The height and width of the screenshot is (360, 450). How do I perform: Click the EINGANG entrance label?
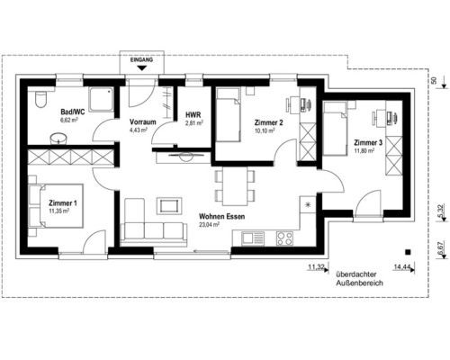tap(141, 60)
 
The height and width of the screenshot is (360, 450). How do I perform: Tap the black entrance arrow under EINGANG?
tap(142, 68)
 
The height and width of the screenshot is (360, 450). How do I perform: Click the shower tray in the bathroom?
tap(101, 98)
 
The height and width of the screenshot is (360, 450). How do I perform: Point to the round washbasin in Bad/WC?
tap(58, 139)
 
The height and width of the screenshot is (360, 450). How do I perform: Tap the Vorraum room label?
tap(143, 122)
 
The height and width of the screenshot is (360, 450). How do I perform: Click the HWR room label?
tap(193, 114)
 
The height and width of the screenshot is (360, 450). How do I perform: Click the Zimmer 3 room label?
tap(368, 143)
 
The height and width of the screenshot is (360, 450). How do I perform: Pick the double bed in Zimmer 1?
tap(56, 206)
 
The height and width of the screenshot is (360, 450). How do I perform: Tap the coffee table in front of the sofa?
tap(171, 206)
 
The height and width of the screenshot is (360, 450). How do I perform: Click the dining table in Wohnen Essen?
tap(235, 186)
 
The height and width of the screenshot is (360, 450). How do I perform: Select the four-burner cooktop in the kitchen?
tap(284, 238)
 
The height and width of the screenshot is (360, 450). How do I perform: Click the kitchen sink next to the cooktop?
tap(253, 238)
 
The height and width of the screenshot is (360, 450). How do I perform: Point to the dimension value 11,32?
tap(316, 266)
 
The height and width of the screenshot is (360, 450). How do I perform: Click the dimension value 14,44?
tap(402, 266)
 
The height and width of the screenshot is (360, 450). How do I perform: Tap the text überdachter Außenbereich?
tap(359, 279)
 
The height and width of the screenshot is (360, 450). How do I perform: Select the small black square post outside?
tap(408, 252)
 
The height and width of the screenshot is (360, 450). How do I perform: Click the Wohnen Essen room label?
tap(222, 216)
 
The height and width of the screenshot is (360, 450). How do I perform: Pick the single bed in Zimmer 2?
tap(229, 115)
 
